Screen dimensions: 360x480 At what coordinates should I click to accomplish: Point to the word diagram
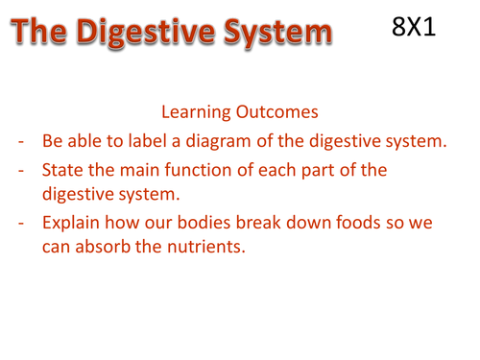[x=242, y=142]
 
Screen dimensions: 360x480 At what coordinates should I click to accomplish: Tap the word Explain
[x=75, y=227]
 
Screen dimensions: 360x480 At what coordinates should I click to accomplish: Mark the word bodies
[x=225, y=226]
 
